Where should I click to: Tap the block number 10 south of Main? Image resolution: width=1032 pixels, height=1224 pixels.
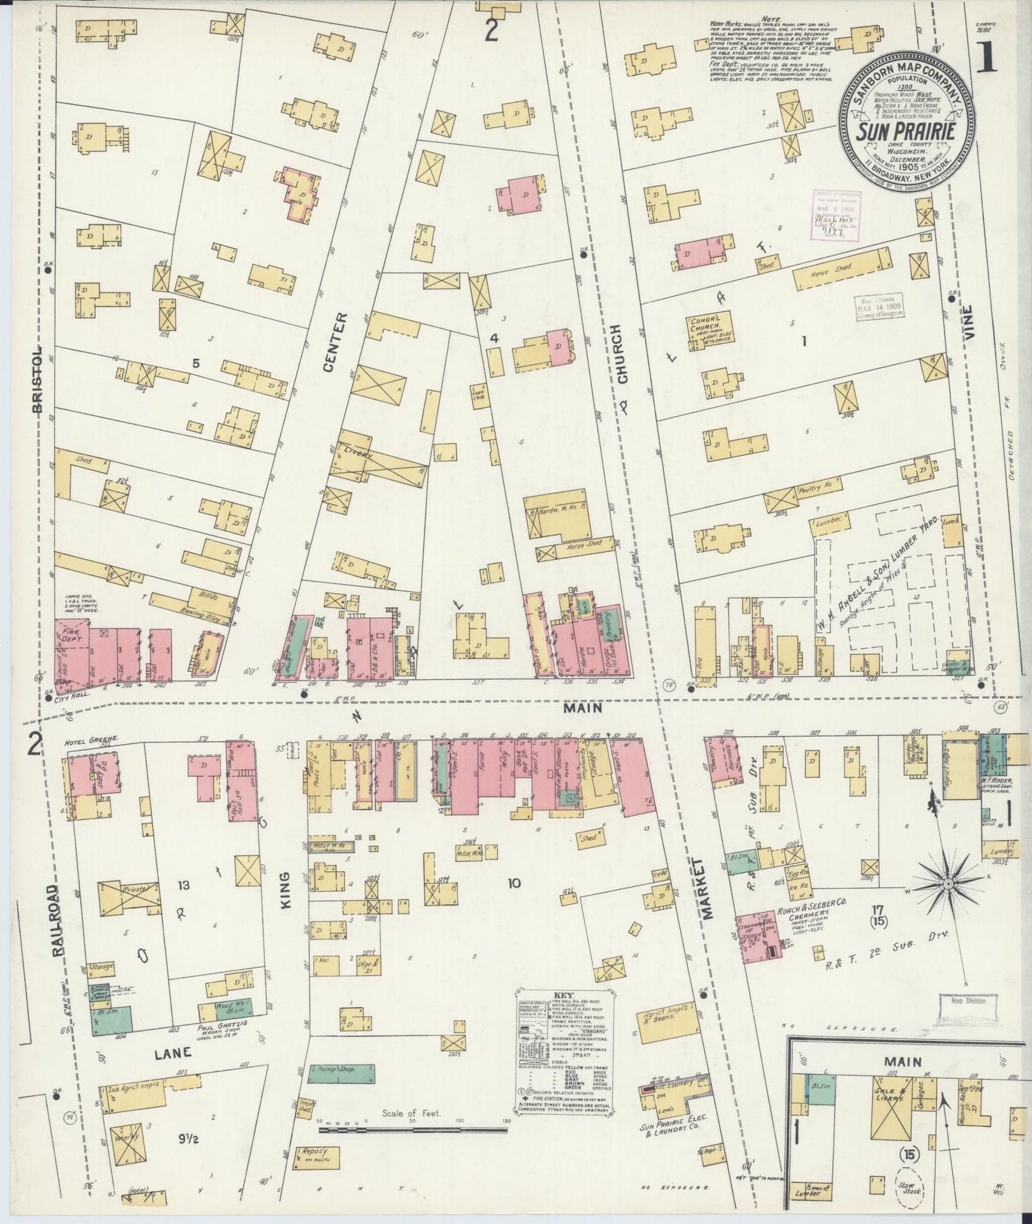(x=513, y=883)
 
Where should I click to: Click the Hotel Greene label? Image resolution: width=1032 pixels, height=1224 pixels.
(x=81, y=740)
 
